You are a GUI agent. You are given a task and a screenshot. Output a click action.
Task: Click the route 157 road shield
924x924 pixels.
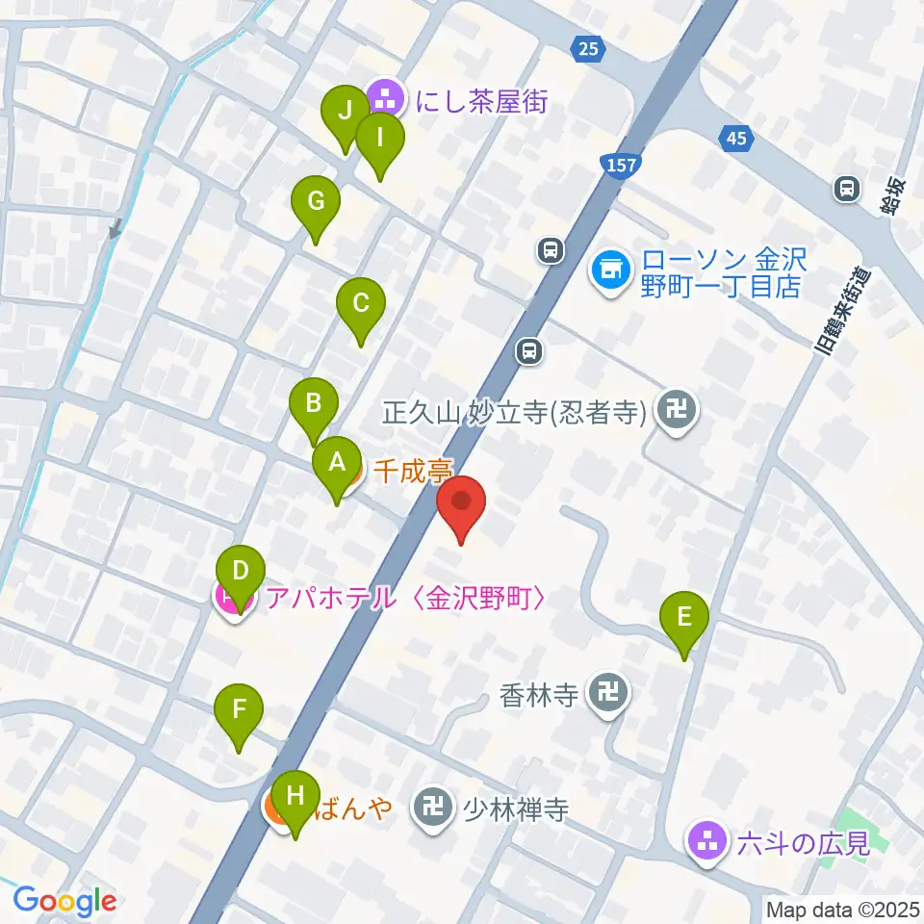click(621, 165)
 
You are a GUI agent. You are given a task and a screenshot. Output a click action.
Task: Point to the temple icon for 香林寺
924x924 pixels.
click(607, 693)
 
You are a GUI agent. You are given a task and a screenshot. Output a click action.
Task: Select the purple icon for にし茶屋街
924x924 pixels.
click(388, 97)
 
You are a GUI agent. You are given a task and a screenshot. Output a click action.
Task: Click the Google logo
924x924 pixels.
click(64, 901)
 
